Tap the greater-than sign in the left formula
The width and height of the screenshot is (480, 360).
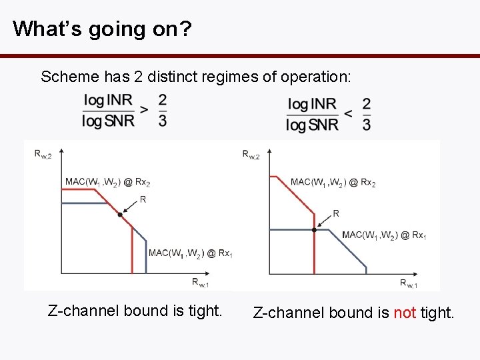click(x=145, y=109)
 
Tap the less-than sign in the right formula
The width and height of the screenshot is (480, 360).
click(x=348, y=113)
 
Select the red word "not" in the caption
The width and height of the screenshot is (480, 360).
click(x=405, y=313)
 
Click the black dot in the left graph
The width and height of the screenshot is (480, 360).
click(x=120, y=215)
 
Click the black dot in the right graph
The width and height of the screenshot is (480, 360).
click(x=314, y=229)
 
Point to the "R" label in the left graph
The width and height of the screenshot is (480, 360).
click(x=143, y=199)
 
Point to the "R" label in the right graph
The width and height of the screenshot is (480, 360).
click(x=335, y=213)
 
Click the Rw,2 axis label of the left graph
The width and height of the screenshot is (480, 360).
click(x=43, y=154)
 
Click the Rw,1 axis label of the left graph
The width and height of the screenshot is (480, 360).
click(x=200, y=283)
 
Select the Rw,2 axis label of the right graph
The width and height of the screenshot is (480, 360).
click(x=251, y=154)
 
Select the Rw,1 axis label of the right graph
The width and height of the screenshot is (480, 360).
click(x=409, y=283)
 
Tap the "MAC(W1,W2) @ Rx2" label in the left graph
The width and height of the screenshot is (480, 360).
click(x=107, y=181)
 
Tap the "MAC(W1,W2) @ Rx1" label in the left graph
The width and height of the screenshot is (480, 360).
click(x=191, y=253)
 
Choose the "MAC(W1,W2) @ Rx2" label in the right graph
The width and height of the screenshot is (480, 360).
click(x=333, y=182)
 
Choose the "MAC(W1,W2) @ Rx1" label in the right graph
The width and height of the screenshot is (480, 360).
click(x=384, y=235)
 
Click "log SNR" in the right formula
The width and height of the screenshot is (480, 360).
click(x=312, y=125)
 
